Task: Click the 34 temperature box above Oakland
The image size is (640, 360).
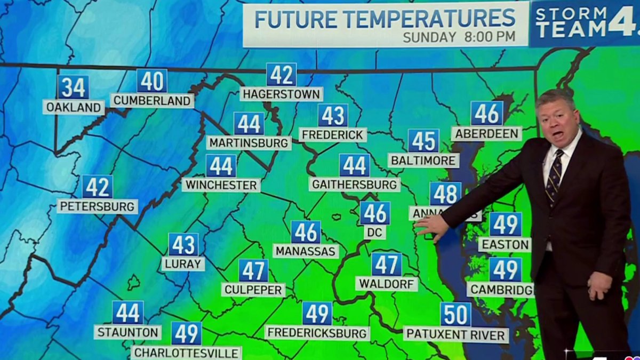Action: point(73,87)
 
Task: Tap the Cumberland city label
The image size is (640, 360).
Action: point(152,101)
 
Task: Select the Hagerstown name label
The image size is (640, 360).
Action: point(281,94)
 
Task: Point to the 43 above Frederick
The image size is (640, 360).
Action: point(333,115)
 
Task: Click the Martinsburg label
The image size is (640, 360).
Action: point(249,143)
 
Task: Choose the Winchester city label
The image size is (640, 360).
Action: point(221,185)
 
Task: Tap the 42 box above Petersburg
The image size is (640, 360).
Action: point(97,187)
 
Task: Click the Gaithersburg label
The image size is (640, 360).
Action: point(354,185)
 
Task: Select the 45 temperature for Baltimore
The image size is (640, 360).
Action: point(423,141)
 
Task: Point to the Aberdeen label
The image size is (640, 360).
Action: point(486,133)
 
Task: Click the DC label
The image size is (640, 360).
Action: point(375,232)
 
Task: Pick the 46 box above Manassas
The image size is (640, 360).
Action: point(306,232)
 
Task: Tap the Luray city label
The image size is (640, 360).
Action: point(183,263)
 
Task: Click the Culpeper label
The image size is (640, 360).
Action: point(253,290)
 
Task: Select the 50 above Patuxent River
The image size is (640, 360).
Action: point(455,314)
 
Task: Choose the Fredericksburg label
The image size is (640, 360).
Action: point(317,333)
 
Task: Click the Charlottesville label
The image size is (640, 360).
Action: point(186,353)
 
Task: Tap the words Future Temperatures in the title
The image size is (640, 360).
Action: point(385,19)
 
